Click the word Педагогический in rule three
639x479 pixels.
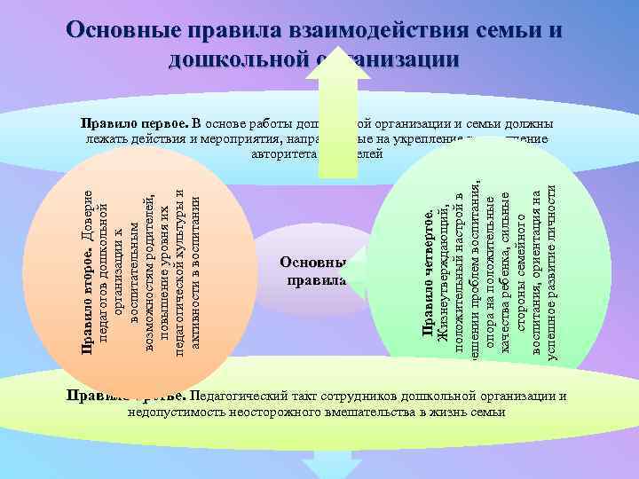coord(238,396)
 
